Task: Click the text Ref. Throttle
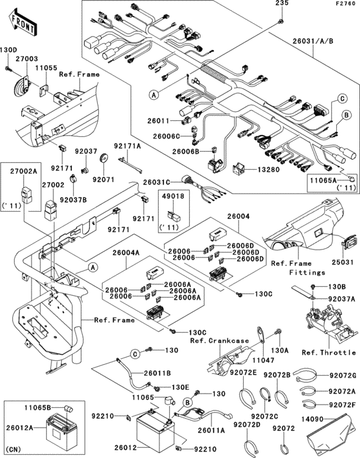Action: tap(328, 353)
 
